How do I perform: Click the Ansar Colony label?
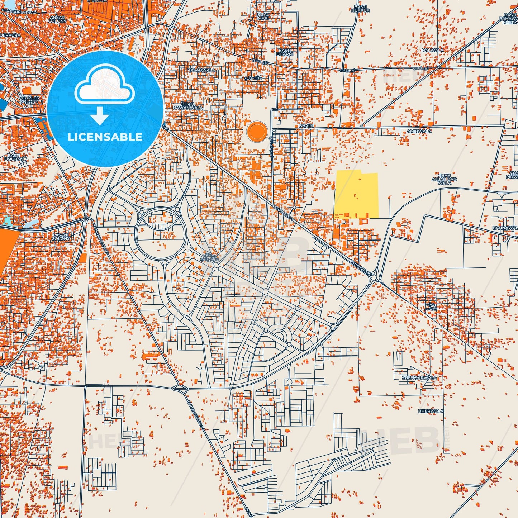[57, 19]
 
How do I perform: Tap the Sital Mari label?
[263, 16]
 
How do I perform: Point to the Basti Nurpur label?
[360, 9]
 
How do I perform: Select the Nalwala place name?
[432, 50]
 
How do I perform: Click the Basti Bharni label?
[285, 52]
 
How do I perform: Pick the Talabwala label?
[202, 70]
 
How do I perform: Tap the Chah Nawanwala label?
[188, 106]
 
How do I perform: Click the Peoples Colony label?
[29, 99]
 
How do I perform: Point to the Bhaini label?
[306, 126]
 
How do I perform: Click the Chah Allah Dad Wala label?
[444, 179]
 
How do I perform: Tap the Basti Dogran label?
[14, 157]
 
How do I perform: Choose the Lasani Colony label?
[61, 237]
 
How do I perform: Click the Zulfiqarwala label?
[419, 377]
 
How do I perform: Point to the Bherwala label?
[431, 411]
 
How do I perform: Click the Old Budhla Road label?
[19, 12]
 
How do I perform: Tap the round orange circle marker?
[257, 131]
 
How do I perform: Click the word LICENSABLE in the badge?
[105, 137]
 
